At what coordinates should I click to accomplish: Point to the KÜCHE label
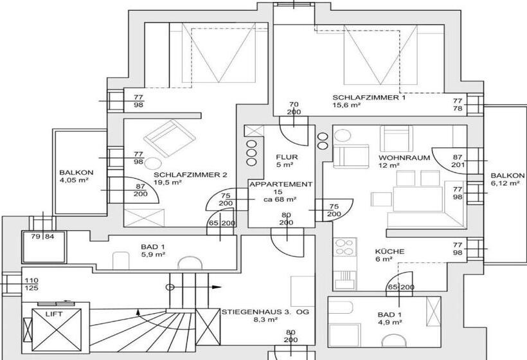click(x=389, y=251)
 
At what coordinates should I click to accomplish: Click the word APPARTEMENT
click(x=281, y=184)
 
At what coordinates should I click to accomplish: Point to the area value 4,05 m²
click(x=73, y=181)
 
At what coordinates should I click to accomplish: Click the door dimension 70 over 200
click(x=294, y=107)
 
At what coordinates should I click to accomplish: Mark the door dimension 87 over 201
click(x=458, y=161)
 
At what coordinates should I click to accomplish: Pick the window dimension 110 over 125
click(x=30, y=285)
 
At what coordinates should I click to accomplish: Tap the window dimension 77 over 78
click(x=458, y=105)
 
